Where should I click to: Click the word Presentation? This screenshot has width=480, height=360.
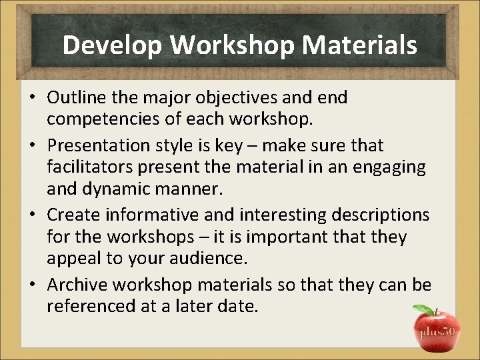[x=105, y=145]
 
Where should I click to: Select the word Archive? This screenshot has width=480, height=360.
[x=77, y=285]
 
